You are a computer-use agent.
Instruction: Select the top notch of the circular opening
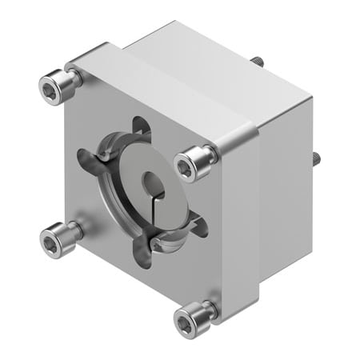140,128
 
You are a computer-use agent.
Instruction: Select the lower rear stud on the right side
316,157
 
